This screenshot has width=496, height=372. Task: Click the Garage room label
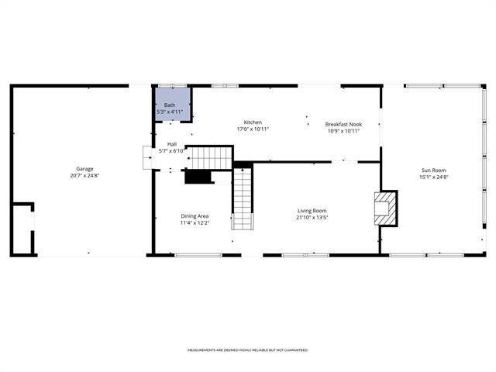pos(84,168)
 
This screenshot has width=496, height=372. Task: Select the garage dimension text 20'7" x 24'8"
pos(84,175)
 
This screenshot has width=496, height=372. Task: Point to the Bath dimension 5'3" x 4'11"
pos(170,112)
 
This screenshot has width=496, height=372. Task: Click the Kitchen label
pos(253,122)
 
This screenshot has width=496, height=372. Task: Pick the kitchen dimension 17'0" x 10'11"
pos(253,129)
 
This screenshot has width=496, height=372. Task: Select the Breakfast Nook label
pos(343,124)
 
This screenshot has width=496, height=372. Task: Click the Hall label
pos(171,144)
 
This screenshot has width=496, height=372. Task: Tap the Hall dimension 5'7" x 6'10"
pos(171,151)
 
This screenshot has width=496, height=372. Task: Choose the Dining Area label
pos(195,215)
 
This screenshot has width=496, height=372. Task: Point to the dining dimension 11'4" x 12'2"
pos(195,222)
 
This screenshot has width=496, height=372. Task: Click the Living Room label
pos(312,210)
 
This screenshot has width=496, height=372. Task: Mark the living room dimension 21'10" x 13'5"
pos(312,217)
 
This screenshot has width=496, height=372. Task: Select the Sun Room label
pos(433,170)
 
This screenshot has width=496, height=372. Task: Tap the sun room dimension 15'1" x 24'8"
pos(433,177)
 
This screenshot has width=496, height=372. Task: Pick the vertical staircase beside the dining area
pos(243,199)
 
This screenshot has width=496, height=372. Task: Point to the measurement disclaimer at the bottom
pos(247,350)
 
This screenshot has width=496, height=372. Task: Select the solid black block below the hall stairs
pos(198,177)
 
